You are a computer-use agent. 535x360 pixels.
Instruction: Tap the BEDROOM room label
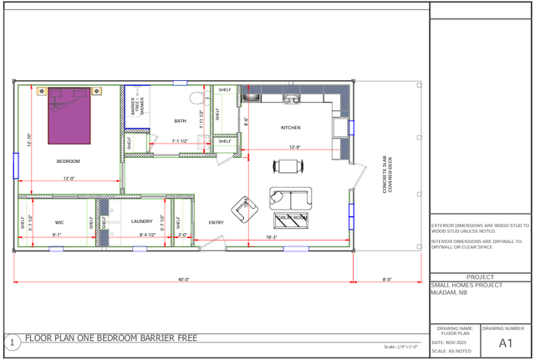pyautogui.click(x=69, y=161)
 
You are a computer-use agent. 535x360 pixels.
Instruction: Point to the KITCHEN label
pyautogui.click(x=290, y=128)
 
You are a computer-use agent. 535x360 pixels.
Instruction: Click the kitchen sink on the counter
pyautogui.click(x=291, y=99)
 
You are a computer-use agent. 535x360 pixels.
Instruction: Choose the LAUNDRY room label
pyautogui.click(x=142, y=222)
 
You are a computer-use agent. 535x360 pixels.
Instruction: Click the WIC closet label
pyautogui.click(x=59, y=222)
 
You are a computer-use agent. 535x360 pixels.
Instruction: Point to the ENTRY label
pyautogui.click(x=217, y=223)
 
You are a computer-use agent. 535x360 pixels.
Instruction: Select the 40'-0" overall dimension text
pyautogui.click(x=184, y=280)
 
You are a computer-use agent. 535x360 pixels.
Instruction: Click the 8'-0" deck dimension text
pyautogui.click(x=387, y=280)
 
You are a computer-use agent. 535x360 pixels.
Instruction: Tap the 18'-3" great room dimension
pyautogui.click(x=272, y=237)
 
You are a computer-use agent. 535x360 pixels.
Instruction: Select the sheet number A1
pyautogui.click(x=505, y=343)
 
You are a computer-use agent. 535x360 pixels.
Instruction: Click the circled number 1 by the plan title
pyautogui.click(x=13, y=342)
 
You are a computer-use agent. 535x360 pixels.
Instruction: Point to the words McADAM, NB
pyautogui.click(x=449, y=293)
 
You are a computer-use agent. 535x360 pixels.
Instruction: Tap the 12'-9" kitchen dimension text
pyautogui.click(x=294, y=147)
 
